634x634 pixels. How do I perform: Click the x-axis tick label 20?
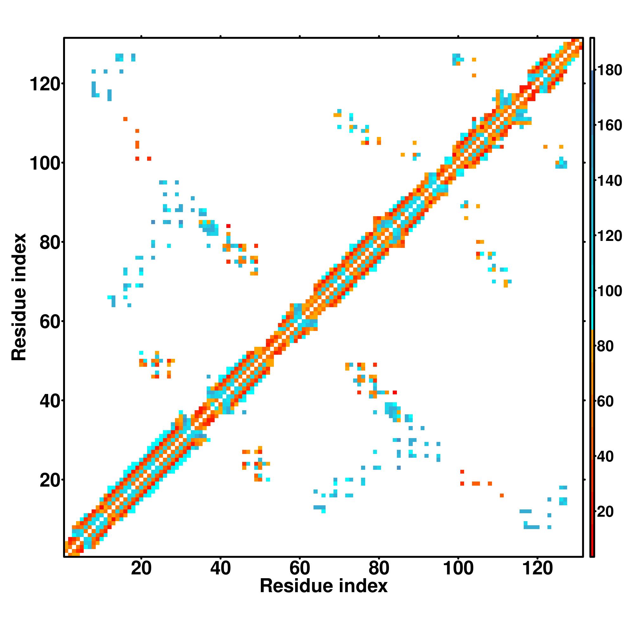(141, 568)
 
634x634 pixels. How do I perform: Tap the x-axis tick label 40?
(221, 568)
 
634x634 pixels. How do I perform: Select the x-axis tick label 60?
(300, 568)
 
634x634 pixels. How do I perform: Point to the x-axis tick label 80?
(379, 568)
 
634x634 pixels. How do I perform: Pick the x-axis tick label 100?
(458, 568)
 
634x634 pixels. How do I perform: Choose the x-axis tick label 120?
(538, 568)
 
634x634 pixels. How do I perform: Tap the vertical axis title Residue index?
(19, 297)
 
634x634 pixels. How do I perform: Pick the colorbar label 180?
(609, 70)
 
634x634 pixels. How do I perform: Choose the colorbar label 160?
(609, 125)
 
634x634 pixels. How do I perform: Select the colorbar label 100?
(609, 291)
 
